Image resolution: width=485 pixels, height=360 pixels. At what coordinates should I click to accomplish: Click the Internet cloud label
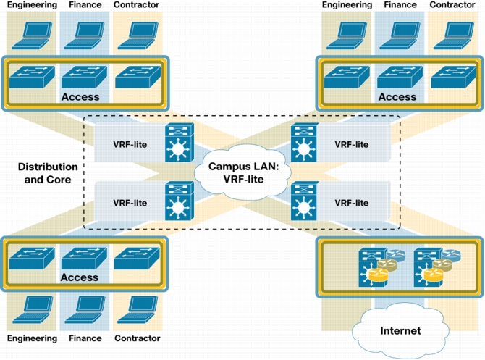[x=400, y=330]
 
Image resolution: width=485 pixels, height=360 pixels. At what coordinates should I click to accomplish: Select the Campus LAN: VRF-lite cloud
[x=243, y=172]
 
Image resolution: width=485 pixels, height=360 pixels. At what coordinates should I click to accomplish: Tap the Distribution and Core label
[x=48, y=173]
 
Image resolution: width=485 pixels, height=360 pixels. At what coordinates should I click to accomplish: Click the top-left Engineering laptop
[x=32, y=35]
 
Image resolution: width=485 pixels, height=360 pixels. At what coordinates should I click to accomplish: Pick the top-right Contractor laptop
[x=454, y=35]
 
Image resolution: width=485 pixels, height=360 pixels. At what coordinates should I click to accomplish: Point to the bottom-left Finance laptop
[x=85, y=309]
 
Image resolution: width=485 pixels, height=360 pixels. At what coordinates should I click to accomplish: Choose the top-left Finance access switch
[x=85, y=76]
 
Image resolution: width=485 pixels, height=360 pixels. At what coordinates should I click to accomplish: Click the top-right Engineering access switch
[x=347, y=77]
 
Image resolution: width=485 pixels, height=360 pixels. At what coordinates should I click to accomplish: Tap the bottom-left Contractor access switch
[x=137, y=258]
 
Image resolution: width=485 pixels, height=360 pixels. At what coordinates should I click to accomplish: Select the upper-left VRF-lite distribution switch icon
[x=180, y=143]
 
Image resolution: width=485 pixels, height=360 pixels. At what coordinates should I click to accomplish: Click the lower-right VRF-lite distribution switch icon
[x=304, y=201]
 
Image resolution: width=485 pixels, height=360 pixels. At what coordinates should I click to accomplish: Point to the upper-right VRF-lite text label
[x=351, y=145]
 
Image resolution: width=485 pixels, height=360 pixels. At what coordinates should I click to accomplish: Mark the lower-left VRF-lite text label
[x=130, y=203]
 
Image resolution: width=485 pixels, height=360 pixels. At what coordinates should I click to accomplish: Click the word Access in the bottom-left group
[x=80, y=277]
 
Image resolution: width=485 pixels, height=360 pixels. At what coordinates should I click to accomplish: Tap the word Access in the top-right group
[x=397, y=97]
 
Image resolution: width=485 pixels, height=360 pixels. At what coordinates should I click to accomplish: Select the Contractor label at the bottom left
[x=138, y=338]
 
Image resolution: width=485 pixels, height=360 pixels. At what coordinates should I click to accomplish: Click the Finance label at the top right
[x=400, y=4]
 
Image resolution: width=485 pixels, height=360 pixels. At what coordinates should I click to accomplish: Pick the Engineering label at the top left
[x=32, y=4]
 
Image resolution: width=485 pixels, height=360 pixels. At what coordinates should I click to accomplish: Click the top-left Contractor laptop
[x=138, y=35]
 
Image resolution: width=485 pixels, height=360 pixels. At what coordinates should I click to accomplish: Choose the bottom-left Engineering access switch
[x=32, y=258]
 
